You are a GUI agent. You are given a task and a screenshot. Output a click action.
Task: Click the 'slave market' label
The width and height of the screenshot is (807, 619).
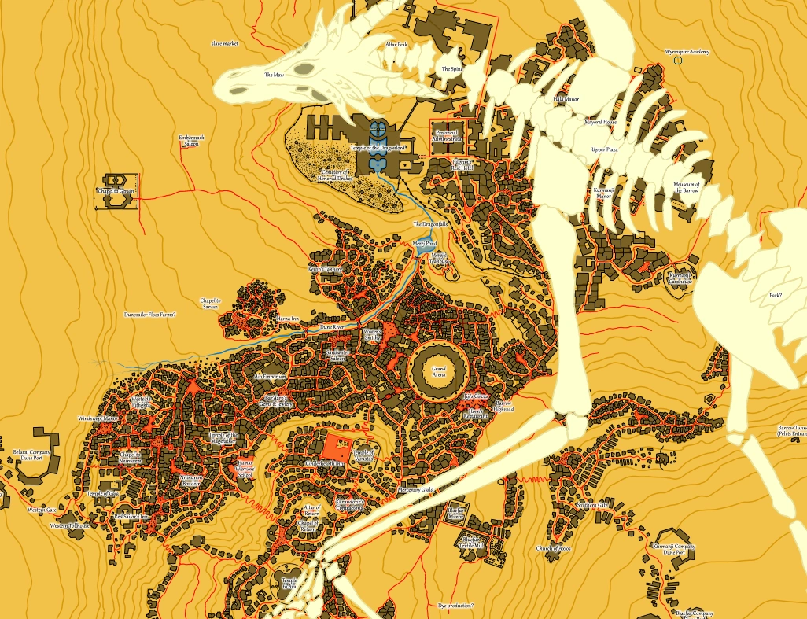point(225,44)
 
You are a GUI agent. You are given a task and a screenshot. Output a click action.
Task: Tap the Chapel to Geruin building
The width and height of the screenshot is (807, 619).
point(117,192)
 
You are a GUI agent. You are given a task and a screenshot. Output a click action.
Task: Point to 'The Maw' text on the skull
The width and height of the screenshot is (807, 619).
point(273,75)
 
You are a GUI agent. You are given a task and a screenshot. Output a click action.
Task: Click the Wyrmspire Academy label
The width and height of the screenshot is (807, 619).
point(687,52)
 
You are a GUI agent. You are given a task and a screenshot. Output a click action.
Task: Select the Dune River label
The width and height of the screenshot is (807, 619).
point(333,325)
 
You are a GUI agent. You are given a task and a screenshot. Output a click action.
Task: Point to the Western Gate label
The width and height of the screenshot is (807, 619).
point(42,510)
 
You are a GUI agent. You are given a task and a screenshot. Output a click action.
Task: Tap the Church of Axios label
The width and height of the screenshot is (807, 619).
point(553,548)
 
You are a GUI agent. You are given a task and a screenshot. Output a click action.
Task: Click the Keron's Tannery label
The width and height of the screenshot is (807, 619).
point(326,269)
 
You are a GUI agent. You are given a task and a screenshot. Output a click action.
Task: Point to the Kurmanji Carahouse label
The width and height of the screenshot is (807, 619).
point(680,277)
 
